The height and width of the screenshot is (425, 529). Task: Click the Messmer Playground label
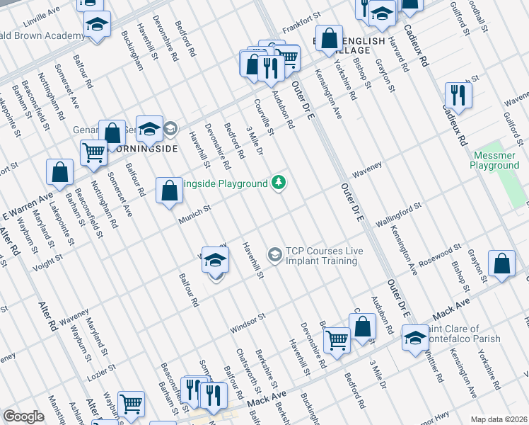click(494, 160)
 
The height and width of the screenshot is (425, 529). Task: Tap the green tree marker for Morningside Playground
click(280, 183)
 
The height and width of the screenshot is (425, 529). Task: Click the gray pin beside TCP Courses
click(274, 253)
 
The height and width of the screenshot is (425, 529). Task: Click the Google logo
click(23, 416)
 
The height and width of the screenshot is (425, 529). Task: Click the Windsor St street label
click(247, 324)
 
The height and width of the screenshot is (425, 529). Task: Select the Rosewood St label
click(443, 255)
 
